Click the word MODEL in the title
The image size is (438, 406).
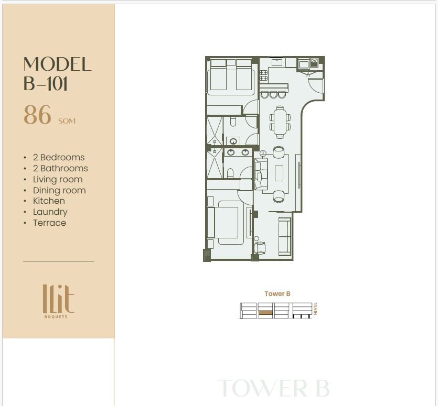click(57, 64)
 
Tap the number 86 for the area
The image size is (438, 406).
click(37, 115)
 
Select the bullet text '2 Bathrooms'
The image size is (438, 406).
click(60, 168)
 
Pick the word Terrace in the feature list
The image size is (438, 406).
click(49, 223)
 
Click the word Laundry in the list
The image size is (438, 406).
click(50, 212)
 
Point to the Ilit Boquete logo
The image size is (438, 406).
click(58, 301)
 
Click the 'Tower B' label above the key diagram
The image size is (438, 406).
click(277, 293)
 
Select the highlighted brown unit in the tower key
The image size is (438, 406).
click(265, 313)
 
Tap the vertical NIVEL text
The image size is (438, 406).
click(315, 309)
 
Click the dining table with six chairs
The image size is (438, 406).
click(280, 122)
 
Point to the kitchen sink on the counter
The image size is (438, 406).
click(276, 62)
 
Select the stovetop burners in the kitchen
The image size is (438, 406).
click(264, 75)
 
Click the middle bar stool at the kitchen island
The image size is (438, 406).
click(273, 95)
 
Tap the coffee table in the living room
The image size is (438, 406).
click(279, 173)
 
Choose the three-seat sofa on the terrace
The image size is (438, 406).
click(285, 236)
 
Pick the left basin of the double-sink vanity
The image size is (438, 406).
click(231, 152)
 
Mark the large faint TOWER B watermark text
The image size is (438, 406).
click(273, 388)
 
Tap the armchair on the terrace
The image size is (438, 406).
click(260, 248)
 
